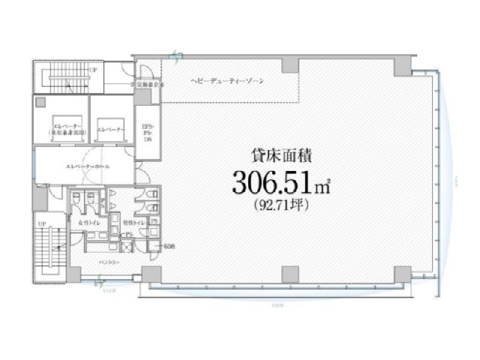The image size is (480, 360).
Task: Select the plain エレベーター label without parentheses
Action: point(109,130)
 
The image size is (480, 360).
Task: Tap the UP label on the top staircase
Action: point(94,70)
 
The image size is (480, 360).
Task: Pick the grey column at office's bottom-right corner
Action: point(402,274)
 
